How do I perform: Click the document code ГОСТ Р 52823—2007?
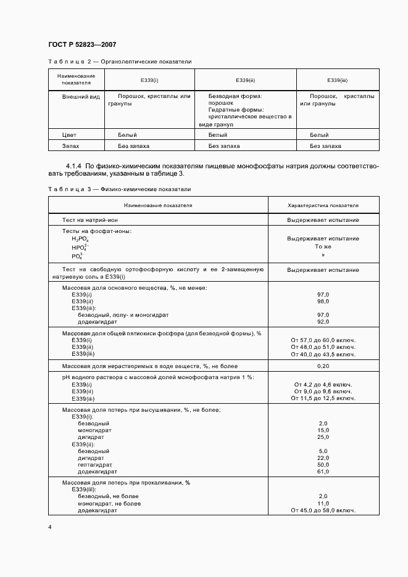[81, 45]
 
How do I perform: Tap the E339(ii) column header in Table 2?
[245, 80]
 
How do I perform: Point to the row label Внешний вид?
[81, 97]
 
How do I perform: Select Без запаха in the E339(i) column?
[134, 146]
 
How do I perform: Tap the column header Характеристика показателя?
[323, 205]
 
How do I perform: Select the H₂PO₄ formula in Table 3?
[80, 239]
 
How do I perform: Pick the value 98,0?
[323, 301]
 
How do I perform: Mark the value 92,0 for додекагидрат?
[323, 321]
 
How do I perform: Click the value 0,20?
[323, 366]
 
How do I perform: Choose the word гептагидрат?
[95, 464]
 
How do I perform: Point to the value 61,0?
[323, 471]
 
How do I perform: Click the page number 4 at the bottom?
[49, 528]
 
